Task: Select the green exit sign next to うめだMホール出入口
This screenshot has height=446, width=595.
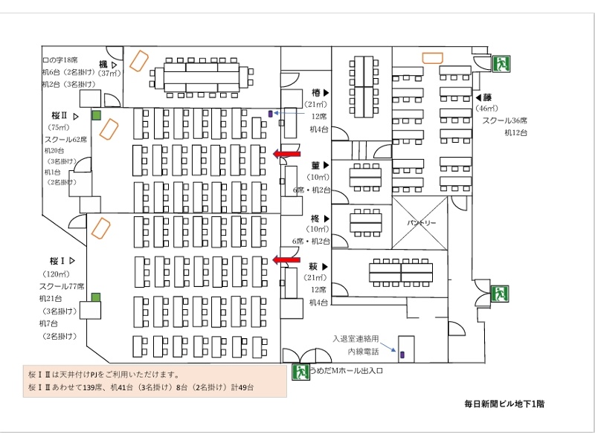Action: pyautogui.click(x=301, y=371)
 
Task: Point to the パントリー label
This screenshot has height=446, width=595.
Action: pyautogui.click(x=421, y=223)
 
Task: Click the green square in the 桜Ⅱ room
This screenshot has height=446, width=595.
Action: pyautogui.click(x=96, y=115)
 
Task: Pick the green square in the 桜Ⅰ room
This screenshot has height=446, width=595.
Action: pyautogui.click(x=95, y=297)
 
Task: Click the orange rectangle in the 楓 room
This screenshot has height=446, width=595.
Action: pyautogui.click(x=138, y=59)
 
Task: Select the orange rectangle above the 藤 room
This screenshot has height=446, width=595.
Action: pyautogui.click(x=434, y=56)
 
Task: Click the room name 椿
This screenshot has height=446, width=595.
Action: pyautogui.click(x=315, y=92)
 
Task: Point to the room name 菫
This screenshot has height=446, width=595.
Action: pyautogui.click(x=315, y=165)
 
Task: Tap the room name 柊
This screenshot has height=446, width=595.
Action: pyautogui.click(x=315, y=219)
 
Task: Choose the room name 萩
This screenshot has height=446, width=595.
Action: pyautogui.click(x=315, y=265)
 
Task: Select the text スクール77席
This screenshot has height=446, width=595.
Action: pyautogui.click(x=62, y=286)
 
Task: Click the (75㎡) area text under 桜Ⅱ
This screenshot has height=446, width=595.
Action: pyautogui.click(x=59, y=127)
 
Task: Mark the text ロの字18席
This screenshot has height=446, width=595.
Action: pyautogui.click(x=59, y=59)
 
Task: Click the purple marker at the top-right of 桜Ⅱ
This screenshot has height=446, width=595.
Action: pyautogui.click(x=269, y=114)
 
